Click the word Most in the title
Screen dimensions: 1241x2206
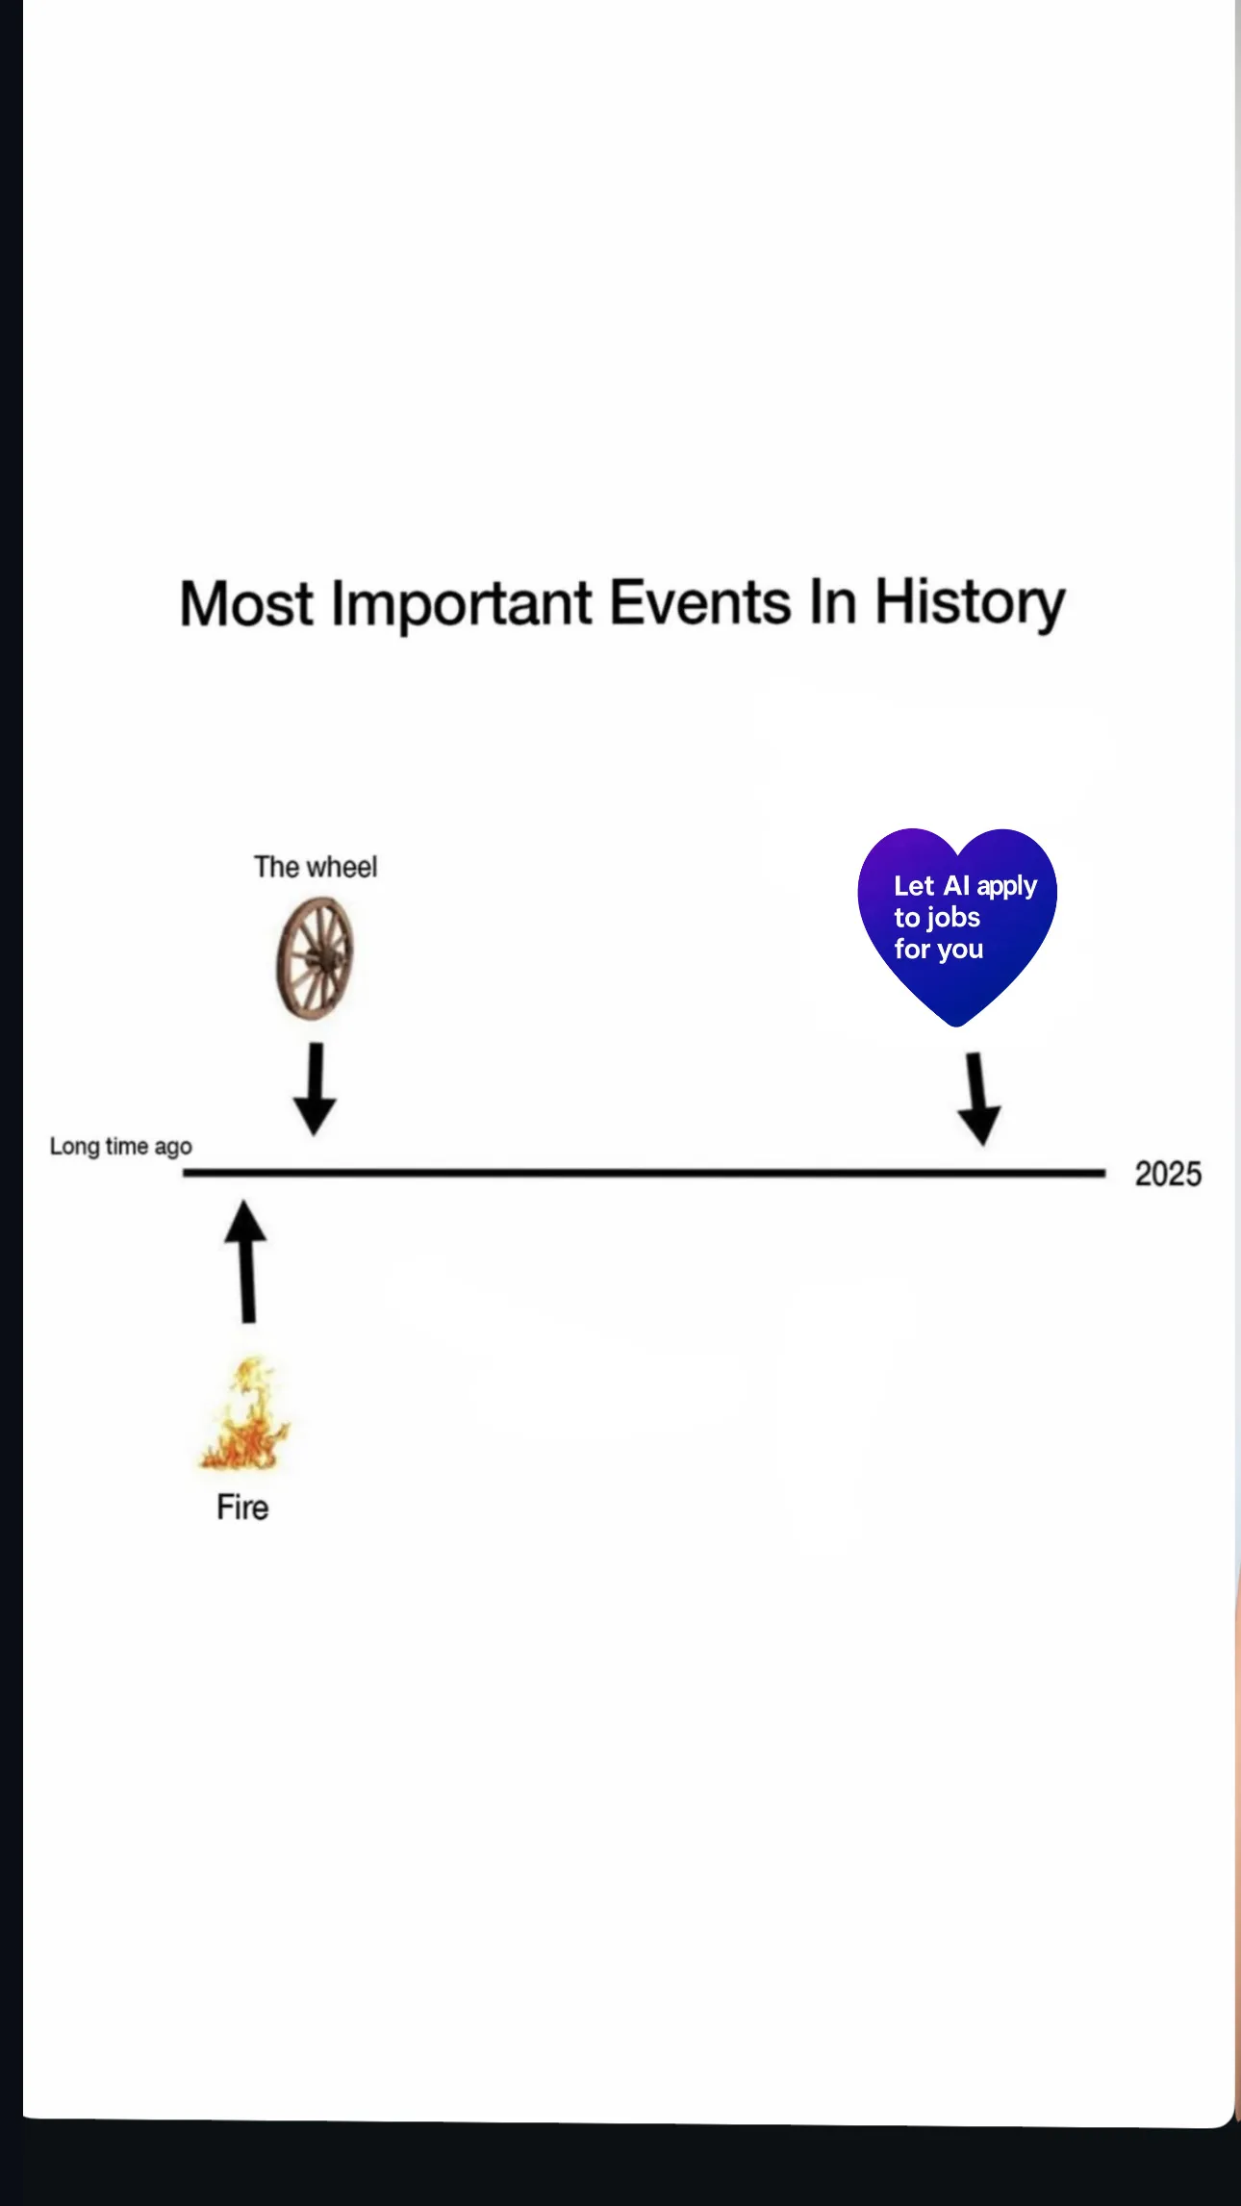(x=246, y=604)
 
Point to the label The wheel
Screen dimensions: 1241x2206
(x=316, y=867)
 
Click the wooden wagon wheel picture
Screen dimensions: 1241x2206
(x=316, y=958)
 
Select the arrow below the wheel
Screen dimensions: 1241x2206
(x=315, y=1089)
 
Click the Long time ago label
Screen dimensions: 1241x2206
(x=121, y=1147)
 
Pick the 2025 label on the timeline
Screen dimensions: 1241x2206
(x=1168, y=1174)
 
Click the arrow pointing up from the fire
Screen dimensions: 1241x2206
(x=246, y=1261)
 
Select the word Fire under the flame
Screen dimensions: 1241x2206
(x=242, y=1508)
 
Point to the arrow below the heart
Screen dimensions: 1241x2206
(x=979, y=1099)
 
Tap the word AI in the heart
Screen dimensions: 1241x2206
(x=956, y=885)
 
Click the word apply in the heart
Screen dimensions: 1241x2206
(x=1007, y=887)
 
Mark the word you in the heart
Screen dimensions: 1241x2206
(x=960, y=951)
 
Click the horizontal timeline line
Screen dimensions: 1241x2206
(x=644, y=1173)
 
